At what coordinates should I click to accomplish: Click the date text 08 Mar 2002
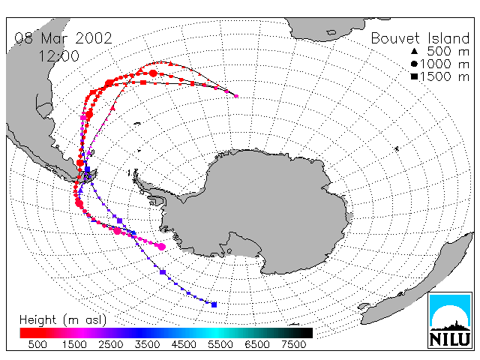[x=63, y=38]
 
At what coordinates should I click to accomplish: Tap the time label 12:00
[x=58, y=56]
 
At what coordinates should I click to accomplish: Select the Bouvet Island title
[x=420, y=38]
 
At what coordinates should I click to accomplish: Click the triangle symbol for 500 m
[x=414, y=51]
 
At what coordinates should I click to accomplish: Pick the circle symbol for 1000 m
[x=414, y=64]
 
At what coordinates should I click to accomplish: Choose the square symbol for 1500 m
[x=414, y=76]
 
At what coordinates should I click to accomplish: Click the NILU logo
[x=450, y=320]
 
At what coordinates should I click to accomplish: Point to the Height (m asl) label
[x=63, y=320]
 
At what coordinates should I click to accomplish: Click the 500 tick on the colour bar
[x=37, y=345]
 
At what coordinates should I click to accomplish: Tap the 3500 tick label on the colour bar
[x=147, y=345]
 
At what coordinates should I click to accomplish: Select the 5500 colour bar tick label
[x=220, y=345]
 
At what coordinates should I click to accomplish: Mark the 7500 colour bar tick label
[x=293, y=345]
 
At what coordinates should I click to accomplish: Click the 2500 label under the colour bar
[x=110, y=345]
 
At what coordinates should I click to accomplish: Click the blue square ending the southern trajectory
[x=214, y=304]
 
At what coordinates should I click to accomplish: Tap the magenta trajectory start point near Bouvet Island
[x=236, y=96]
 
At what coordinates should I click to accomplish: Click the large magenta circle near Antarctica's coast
[x=162, y=247]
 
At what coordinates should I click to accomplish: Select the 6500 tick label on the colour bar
[x=256, y=345]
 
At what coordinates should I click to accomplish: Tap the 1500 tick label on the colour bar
[x=74, y=345]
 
